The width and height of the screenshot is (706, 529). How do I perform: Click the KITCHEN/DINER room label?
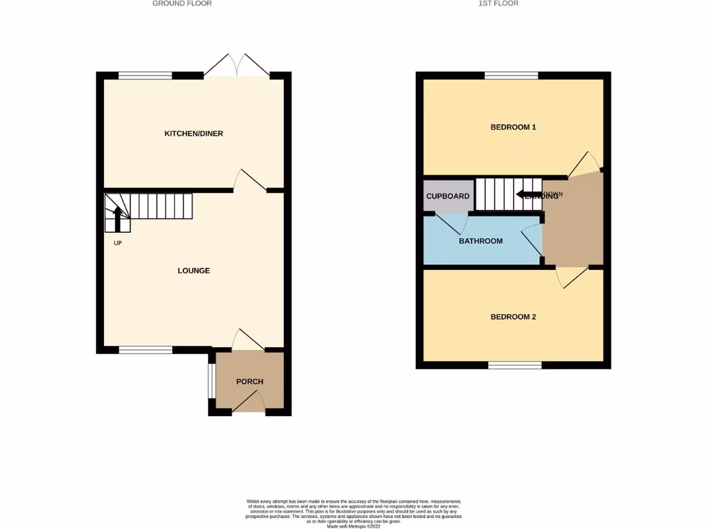click(193, 134)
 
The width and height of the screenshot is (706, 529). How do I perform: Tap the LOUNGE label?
click(193, 271)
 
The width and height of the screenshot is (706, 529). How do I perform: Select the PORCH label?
click(250, 382)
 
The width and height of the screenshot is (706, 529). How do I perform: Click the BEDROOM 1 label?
click(513, 127)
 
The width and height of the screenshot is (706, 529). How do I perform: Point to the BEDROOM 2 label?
click(513, 318)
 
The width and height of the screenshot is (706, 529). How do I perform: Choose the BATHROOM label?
click(481, 241)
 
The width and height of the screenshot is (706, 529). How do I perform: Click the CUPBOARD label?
click(447, 196)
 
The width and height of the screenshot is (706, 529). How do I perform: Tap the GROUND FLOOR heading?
click(182, 3)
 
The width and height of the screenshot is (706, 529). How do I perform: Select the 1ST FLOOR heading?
click(498, 3)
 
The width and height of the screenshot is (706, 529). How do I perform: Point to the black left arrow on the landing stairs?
click(528, 195)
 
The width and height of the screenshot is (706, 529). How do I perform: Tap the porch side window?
click(212, 381)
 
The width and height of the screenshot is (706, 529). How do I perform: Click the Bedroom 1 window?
click(512, 76)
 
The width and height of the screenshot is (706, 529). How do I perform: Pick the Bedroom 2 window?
click(514, 364)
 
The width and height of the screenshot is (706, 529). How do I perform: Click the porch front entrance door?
click(249, 405)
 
